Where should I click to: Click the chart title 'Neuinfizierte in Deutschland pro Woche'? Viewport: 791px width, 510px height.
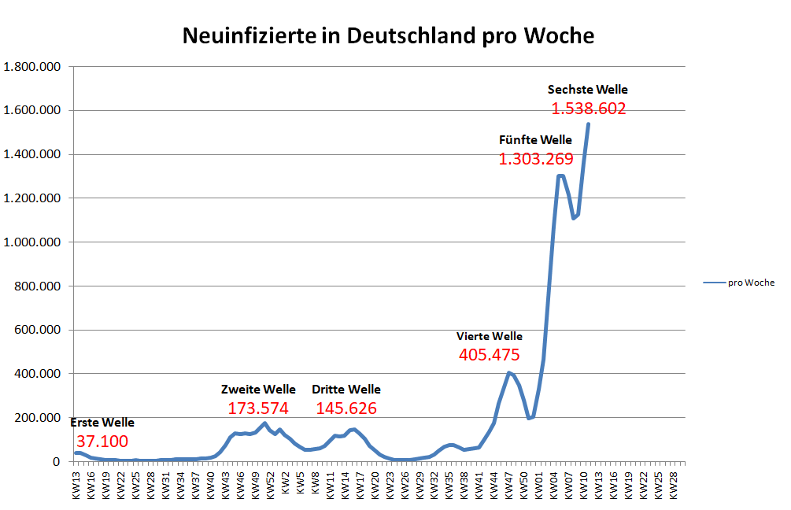click(x=388, y=36)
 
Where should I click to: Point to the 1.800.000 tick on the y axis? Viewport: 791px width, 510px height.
click(x=33, y=67)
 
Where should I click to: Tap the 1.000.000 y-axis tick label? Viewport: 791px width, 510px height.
click(x=33, y=242)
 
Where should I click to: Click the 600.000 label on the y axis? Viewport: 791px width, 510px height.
click(x=39, y=330)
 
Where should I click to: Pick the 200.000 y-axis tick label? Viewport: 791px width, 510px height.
click(x=39, y=418)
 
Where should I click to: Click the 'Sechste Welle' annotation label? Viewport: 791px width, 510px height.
click(x=588, y=90)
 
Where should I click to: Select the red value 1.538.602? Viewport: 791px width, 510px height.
click(x=589, y=109)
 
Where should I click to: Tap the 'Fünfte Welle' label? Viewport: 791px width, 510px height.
click(x=536, y=140)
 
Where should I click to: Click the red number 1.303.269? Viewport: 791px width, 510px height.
click(x=536, y=159)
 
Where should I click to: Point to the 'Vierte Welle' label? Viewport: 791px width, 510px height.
click(x=490, y=336)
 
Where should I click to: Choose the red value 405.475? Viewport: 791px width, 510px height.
click(x=490, y=355)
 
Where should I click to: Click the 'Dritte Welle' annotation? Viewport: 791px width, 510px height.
click(x=346, y=390)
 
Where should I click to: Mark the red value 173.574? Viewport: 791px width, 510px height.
click(x=258, y=408)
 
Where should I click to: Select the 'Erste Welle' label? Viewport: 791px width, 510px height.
click(x=103, y=423)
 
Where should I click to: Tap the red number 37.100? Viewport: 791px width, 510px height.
click(x=102, y=442)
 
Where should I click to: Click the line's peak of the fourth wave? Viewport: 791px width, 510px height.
click(x=509, y=372)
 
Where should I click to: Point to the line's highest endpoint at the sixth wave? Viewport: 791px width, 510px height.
click(x=588, y=124)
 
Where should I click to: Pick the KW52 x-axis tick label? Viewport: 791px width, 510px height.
click(x=270, y=479)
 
